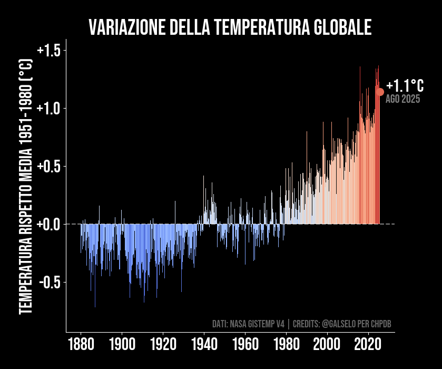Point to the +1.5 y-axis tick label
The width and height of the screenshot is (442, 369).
pyautogui.click(x=49, y=51)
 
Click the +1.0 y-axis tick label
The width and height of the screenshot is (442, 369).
pyautogui.click(x=49, y=109)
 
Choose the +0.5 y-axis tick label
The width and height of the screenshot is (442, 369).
pyautogui.click(x=49, y=167)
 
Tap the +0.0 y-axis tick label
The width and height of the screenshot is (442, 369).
pyautogui.click(x=49, y=225)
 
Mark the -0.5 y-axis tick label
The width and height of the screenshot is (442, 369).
pyautogui.click(x=50, y=283)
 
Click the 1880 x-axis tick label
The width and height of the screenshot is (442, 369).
pyautogui.click(x=81, y=346)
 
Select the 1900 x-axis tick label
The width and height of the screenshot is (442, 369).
pyautogui.click(x=122, y=346)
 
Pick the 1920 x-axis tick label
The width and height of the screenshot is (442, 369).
pyautogui.click(x=163, y=346)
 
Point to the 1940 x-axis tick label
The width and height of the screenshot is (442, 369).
pyautogui.click(x=204, y=346)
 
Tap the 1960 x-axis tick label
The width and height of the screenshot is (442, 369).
pyautogui.click(x=245, y=346)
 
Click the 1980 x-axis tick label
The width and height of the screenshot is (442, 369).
pyautogui.click(x=286, y=346)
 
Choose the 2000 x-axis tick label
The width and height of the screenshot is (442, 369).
pyautogui.click(x=327, y=346)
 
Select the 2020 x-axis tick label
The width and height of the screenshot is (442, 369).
pyautogui.click(x=368, y=346)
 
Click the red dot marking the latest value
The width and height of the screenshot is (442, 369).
pyautogui.click(x=380, y=92)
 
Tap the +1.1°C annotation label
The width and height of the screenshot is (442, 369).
pyautogui.click(x=405, y=86)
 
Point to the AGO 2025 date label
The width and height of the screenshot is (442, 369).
pyautogui.click(x=402, y=99)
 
